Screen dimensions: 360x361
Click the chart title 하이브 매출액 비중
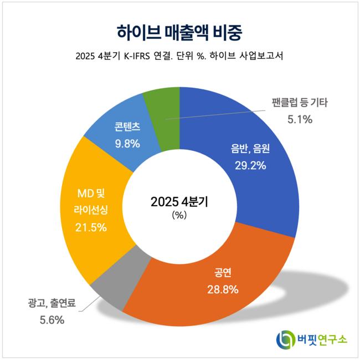179,33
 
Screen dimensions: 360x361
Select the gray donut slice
120,276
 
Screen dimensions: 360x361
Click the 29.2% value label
250,165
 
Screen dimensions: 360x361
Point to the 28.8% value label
223,289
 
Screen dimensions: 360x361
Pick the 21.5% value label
91,227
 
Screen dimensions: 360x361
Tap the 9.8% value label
127,144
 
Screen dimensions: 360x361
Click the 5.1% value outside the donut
300,119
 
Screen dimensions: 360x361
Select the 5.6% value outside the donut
52,320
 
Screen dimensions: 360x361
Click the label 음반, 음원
250,149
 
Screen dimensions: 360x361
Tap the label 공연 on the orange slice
223,272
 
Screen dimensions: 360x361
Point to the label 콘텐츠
127,127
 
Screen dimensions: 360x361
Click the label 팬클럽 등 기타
300,103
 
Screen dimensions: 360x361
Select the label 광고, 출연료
52,303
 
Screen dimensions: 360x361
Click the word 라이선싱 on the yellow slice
91,210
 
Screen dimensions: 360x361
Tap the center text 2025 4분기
179,202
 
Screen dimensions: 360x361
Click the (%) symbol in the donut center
179,215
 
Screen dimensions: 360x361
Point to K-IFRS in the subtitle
137,56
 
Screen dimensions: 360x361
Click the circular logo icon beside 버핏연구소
286,339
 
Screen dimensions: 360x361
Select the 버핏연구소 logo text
322,339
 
